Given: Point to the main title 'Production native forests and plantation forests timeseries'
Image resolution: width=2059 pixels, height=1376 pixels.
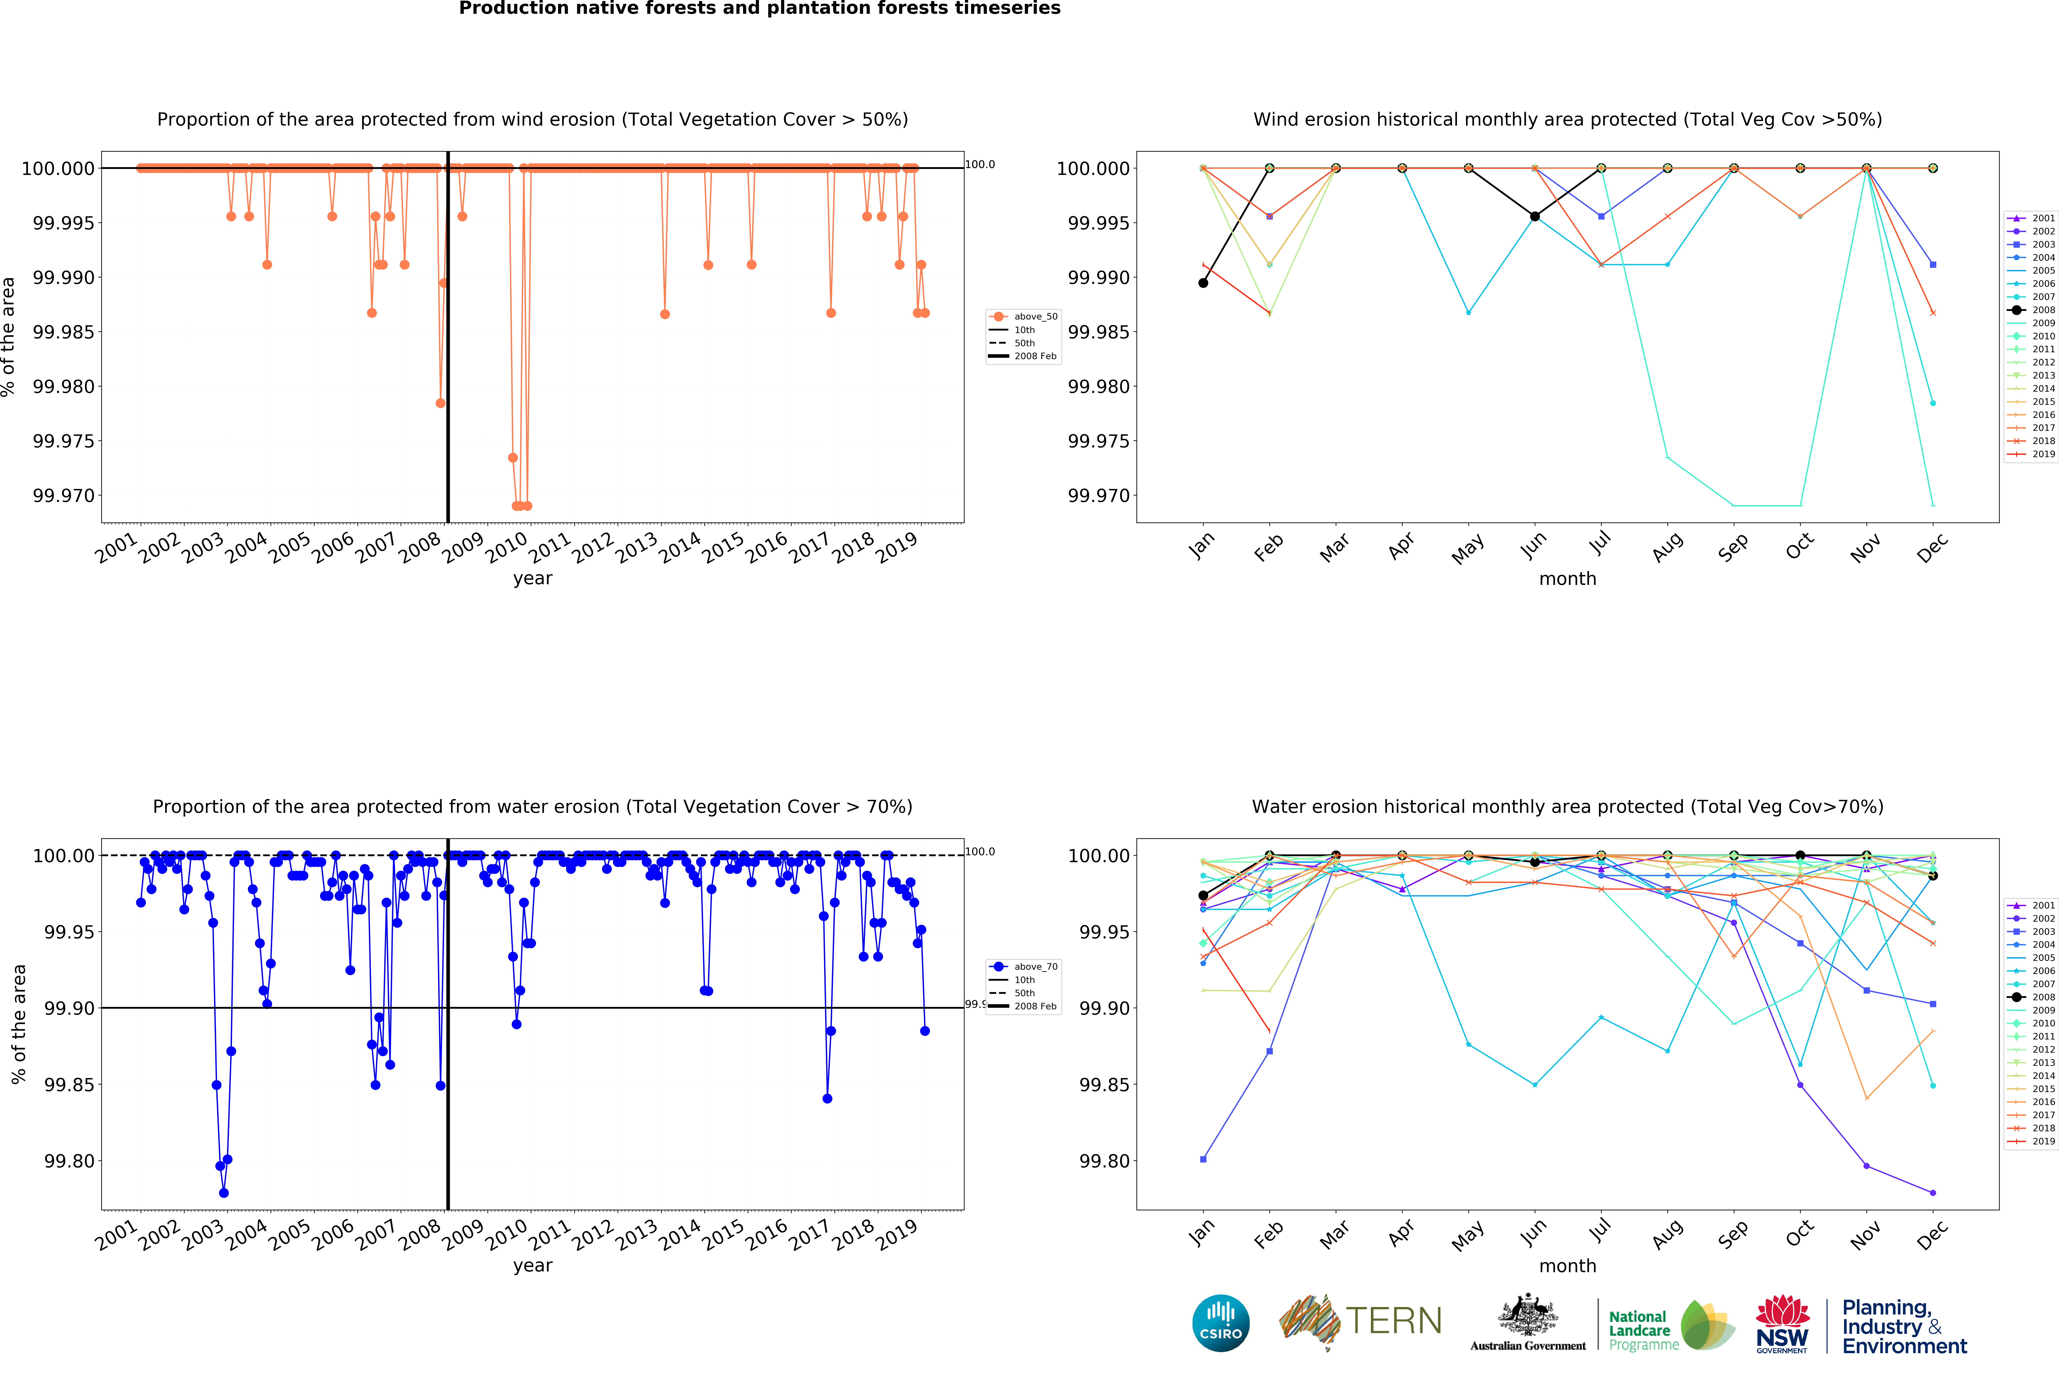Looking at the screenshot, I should click(x=760, y=9).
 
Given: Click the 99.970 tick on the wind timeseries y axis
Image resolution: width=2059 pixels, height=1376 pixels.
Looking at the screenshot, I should click(x=63, y=496).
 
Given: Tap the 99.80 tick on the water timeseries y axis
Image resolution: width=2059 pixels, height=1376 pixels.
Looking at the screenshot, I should click(x=69, y=1161).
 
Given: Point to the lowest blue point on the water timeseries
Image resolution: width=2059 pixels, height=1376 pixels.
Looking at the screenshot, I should click(x=224, y=1193).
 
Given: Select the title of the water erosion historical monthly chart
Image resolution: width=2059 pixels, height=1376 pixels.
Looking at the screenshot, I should click(x=1567, y=806).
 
